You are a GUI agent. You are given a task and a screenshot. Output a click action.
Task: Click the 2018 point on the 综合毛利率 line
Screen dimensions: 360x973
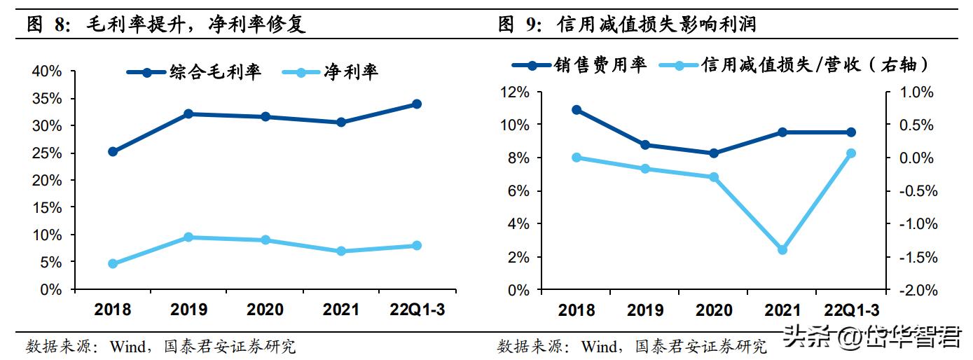tap(113, 151)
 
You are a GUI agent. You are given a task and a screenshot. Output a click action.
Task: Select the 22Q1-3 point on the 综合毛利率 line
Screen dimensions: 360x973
tap(416, 104)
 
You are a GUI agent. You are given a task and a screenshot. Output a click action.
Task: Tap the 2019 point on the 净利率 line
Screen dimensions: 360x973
tap(188, 237)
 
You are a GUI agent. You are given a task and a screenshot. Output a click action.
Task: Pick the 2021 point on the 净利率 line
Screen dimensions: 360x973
tap(341, 251)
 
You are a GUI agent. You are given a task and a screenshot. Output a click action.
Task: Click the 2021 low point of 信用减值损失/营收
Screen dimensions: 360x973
tap(782, 250)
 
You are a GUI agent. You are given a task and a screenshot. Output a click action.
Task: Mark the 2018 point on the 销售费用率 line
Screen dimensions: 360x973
tap(577, 110)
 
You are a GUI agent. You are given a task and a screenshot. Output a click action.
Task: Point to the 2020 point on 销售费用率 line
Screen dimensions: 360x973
tap(714, 153)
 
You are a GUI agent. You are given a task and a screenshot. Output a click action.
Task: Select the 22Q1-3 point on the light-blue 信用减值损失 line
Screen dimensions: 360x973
tap(851, 153)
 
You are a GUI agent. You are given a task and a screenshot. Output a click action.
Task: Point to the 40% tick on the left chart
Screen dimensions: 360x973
tap(48, 71)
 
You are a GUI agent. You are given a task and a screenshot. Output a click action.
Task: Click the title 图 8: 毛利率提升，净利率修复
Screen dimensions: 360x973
tap(166, 25)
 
